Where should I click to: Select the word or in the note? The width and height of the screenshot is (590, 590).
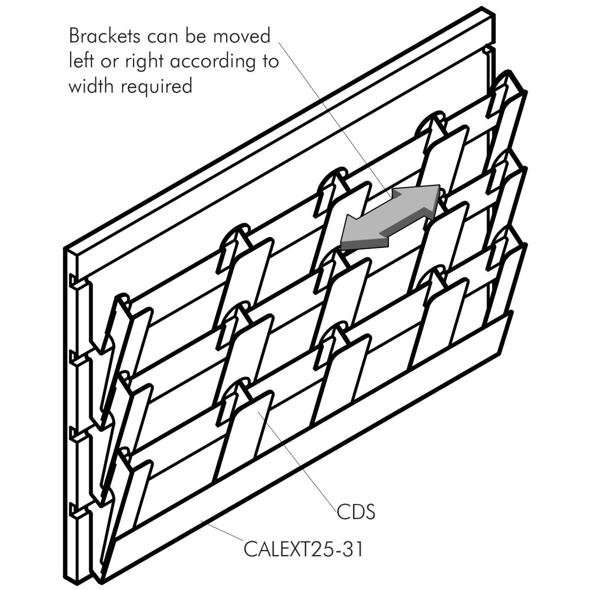click(x=111, y=62)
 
